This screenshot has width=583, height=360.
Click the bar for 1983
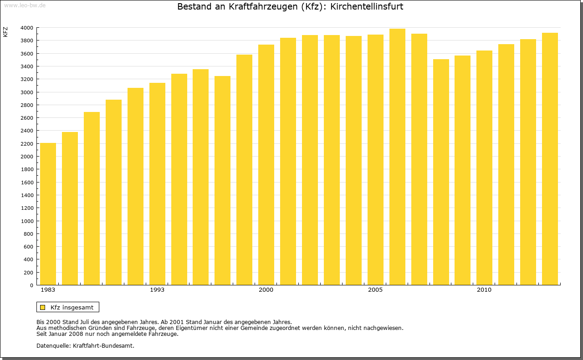point(48,214)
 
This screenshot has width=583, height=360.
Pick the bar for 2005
point(375,160)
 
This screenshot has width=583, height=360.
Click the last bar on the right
point(550,159)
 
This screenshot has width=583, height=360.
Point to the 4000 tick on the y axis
point(27,28)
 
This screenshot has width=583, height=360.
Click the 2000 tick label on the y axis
point(27,157)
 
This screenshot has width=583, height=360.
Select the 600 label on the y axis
point(28,247)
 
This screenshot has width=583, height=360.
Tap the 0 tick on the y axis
point(31,285)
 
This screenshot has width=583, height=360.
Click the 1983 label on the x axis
point(48,290)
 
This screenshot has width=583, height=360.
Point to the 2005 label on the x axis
point(375,290)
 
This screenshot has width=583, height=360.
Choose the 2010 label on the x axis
point(484,290)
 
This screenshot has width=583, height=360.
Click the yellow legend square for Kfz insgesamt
point(43,307)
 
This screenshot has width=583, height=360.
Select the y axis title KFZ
point(5,32)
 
